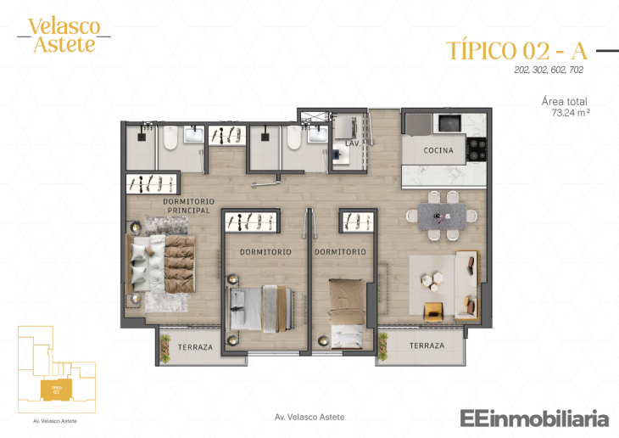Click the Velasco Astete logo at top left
tap(64, 35)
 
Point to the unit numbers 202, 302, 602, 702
tap(549, 70)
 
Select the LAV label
tap(351, 144)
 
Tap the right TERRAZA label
tap(427, 345)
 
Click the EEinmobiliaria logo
tap(534, 418)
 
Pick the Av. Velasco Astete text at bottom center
tap(309, 417)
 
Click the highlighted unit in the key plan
tap(55, 390)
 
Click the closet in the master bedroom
tap(152, 182)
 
